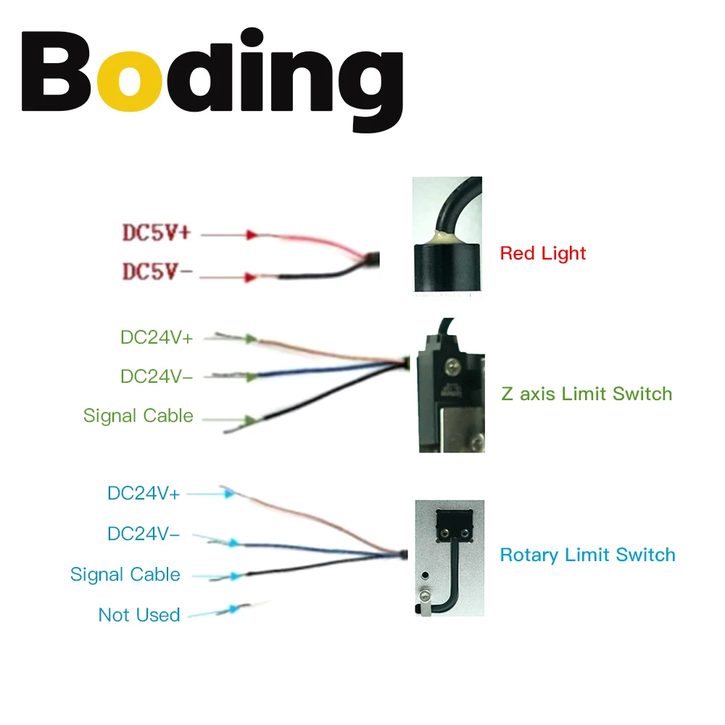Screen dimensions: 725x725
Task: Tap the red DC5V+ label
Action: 157,233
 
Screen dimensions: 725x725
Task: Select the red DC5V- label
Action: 157,273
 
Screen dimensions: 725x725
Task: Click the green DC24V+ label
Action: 157,337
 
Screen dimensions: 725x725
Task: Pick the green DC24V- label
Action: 157,377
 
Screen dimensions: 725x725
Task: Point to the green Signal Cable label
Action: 138,416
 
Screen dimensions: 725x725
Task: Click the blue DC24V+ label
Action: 144,493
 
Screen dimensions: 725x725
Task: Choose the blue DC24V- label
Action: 144,534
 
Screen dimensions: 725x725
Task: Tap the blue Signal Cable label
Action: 125,575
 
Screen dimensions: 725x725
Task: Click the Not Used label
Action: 139,616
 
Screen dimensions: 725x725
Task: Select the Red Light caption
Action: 543,254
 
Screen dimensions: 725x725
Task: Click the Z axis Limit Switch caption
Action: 587,394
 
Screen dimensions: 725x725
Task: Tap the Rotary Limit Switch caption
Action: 587,555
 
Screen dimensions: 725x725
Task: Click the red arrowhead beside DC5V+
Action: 252,235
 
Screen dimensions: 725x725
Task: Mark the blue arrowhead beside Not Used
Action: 231,610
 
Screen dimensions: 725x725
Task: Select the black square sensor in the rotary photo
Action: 455,525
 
